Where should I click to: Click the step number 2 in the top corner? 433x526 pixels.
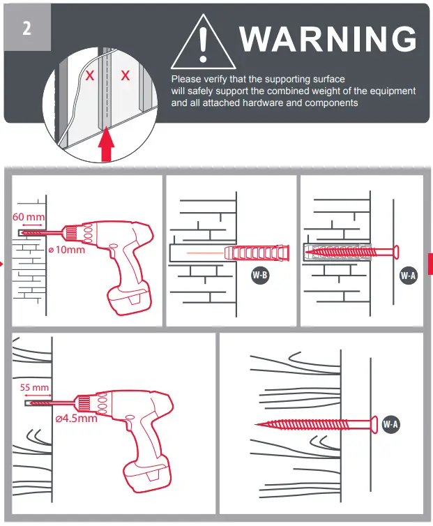click(x=26, y=29)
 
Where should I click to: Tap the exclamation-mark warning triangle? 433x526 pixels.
click(x=202, y=44)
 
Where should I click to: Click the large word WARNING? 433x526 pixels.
click(x=328, y=39)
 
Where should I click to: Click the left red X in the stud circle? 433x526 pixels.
click(x=90, y=76)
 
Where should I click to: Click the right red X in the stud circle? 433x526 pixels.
click(x=126, y=76)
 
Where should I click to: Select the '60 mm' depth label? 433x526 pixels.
click(x=29, y=217)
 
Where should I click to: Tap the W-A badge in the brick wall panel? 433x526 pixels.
click(x=408, y=275)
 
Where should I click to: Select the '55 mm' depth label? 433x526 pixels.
click(x=35, y=387)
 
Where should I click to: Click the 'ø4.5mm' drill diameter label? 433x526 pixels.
click(x=76, y=419)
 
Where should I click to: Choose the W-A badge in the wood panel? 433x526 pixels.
click(x=390, y=423)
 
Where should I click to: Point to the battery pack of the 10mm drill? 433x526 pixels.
click(x=130, y=300)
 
